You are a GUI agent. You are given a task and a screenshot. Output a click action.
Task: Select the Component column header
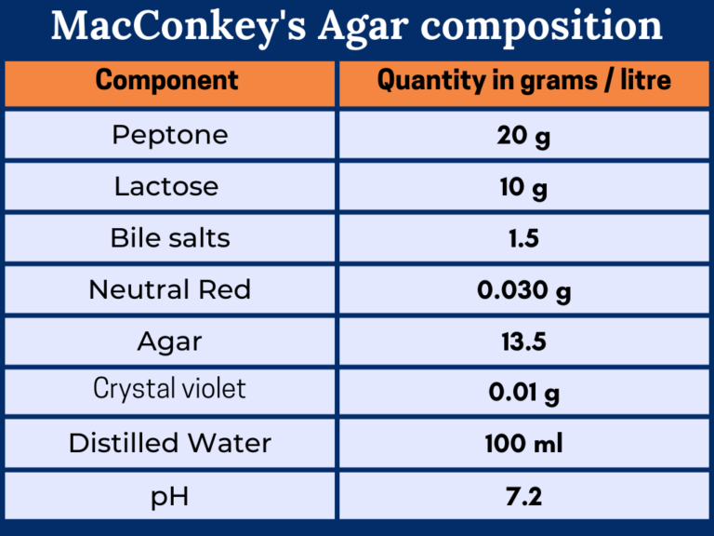point(167,81)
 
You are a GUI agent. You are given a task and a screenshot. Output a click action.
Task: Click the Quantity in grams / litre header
point(523,81)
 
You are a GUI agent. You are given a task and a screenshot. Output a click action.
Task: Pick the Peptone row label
point(170,136)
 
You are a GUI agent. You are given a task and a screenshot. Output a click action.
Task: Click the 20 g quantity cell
point(523,136)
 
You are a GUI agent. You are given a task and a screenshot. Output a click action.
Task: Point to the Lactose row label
point(166,187)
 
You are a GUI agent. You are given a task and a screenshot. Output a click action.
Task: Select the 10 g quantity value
point(523,188)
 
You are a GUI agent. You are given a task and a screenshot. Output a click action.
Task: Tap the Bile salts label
point(170,238)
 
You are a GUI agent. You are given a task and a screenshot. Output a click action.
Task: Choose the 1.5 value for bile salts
point(523,239)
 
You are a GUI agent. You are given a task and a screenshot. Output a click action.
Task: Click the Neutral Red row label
point(170,289)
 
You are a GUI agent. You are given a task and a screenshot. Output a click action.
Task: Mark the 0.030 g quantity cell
point(523,290)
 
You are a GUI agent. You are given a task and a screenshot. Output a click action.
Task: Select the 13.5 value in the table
point(523,342)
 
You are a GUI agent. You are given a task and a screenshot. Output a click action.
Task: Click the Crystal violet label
point(170,388)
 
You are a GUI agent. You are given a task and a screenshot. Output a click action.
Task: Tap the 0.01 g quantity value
point(523,393)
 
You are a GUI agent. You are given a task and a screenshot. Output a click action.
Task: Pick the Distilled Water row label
point(170,443)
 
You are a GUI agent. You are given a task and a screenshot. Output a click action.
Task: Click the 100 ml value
point(523,444)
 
